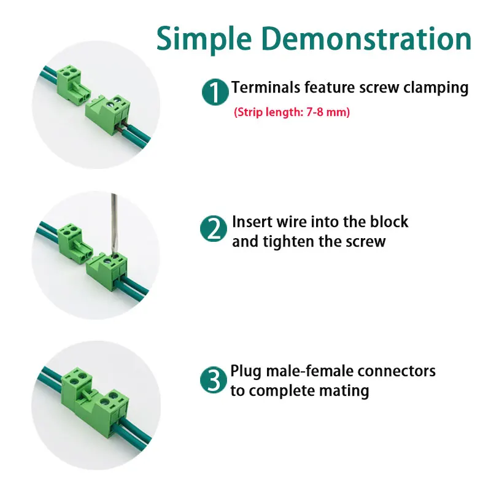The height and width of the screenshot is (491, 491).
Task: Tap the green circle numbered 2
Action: (x=214, y=229)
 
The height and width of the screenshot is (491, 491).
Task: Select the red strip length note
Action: (x=292, y=113)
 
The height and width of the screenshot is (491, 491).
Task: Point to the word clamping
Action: (x=435, y=88)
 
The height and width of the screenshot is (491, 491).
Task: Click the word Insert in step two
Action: (x=252, y=222)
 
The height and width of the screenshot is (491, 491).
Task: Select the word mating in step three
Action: (x=347, y=390)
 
